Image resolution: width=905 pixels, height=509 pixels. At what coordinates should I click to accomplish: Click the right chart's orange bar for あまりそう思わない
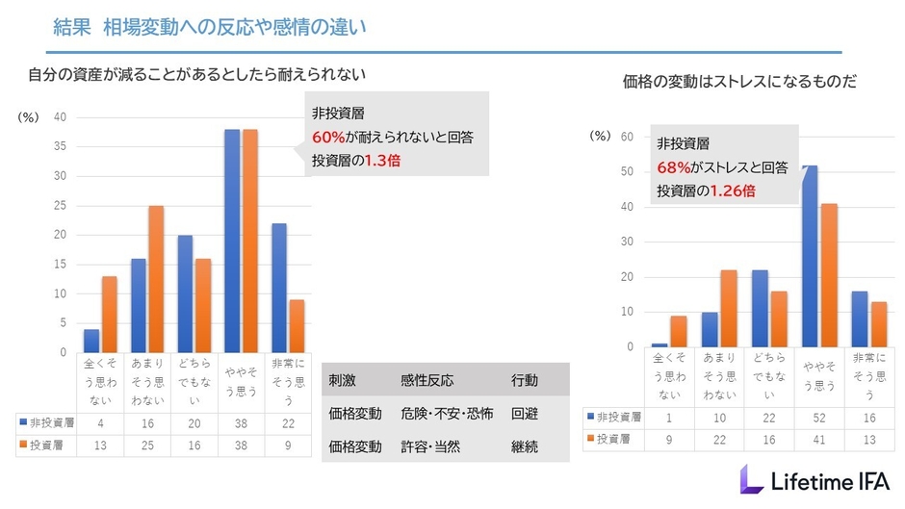click(729, 308)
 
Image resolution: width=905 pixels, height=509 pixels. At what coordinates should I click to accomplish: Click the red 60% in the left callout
click(327, 136)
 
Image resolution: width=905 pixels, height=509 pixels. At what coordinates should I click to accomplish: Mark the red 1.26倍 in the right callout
click(732, 191)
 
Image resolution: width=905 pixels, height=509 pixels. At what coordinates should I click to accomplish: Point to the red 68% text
click(674, 167)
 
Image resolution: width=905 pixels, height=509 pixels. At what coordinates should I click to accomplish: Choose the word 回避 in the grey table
click(525, 413)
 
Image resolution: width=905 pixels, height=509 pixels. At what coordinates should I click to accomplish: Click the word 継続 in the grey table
click(525, 446)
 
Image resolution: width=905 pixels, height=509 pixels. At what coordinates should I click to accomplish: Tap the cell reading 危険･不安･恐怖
click(447, 413)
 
